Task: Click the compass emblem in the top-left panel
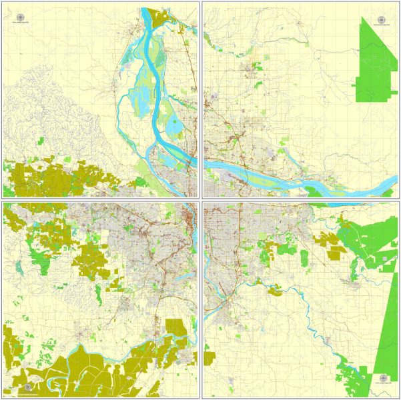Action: pyautogui.click(x=19, y=18)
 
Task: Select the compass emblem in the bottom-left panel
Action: pyautogui.click(x=29, y=386)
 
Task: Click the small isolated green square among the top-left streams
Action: pyautogui.click(x=41, y=141)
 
